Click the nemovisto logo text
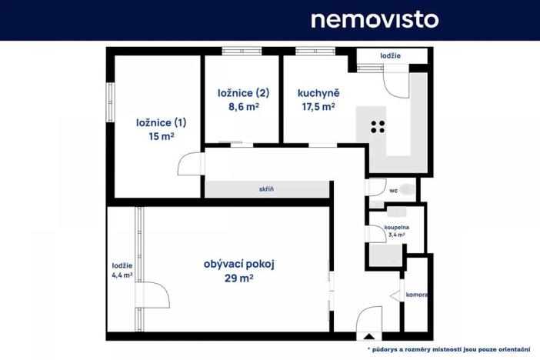coord(375,19)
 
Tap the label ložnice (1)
coord(161,122)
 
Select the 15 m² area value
coord(161,136)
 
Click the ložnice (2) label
coord(242,93)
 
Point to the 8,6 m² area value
coord(242,108)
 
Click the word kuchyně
coord(318,94)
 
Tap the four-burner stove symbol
coord(378,128)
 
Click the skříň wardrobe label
coord(266,189)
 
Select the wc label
coord(392,189)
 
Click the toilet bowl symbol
coord(407,189)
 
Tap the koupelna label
coord(396,228)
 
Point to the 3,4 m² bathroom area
coord(396,235)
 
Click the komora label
coord(416,295)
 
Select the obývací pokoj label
coord(239,264)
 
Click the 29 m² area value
coord(239,278)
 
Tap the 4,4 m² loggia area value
coord(122,275)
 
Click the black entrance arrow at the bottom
coord(369,336)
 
